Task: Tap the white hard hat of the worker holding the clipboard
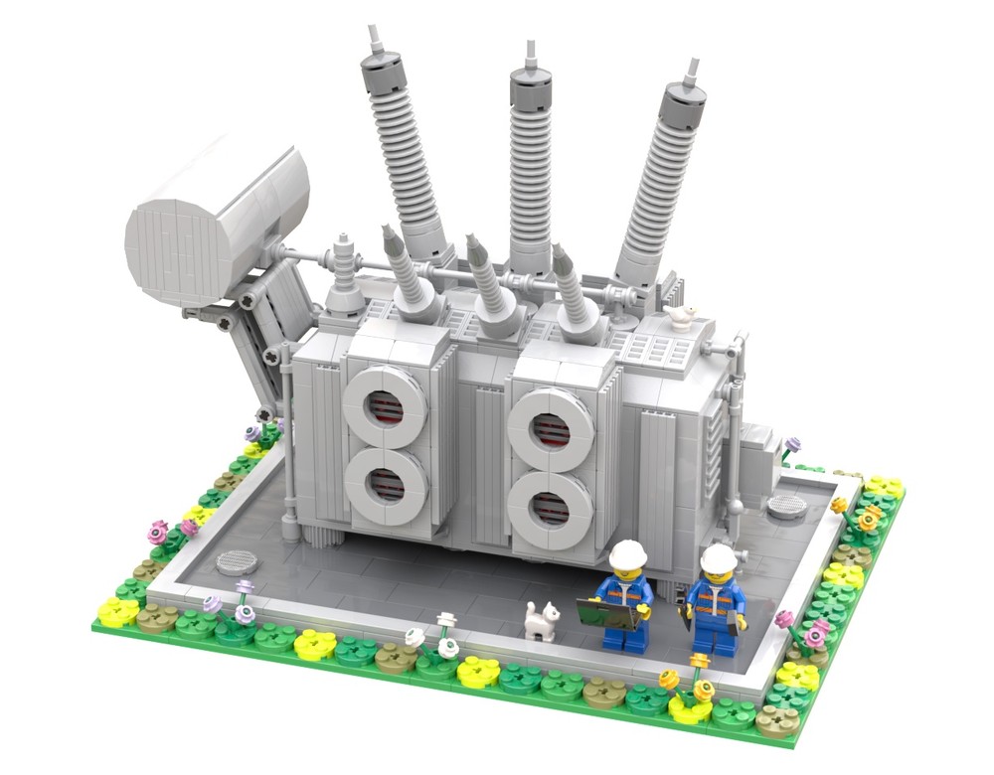[x=628, y=554]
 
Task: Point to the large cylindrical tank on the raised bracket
[x=219, y=224]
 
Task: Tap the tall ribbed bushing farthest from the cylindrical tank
[x=664, y=174]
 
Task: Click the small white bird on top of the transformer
[x=682, y=317]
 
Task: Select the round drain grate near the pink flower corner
[x=237, y=561]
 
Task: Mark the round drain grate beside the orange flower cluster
[x=787, y=507]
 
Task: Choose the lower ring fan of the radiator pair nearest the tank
[x=386, y=488]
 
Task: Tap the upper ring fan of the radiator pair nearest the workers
[x=550, y=428]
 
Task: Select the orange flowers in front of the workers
[x=686, y=676]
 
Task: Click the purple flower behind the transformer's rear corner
[x=791, y=446]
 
